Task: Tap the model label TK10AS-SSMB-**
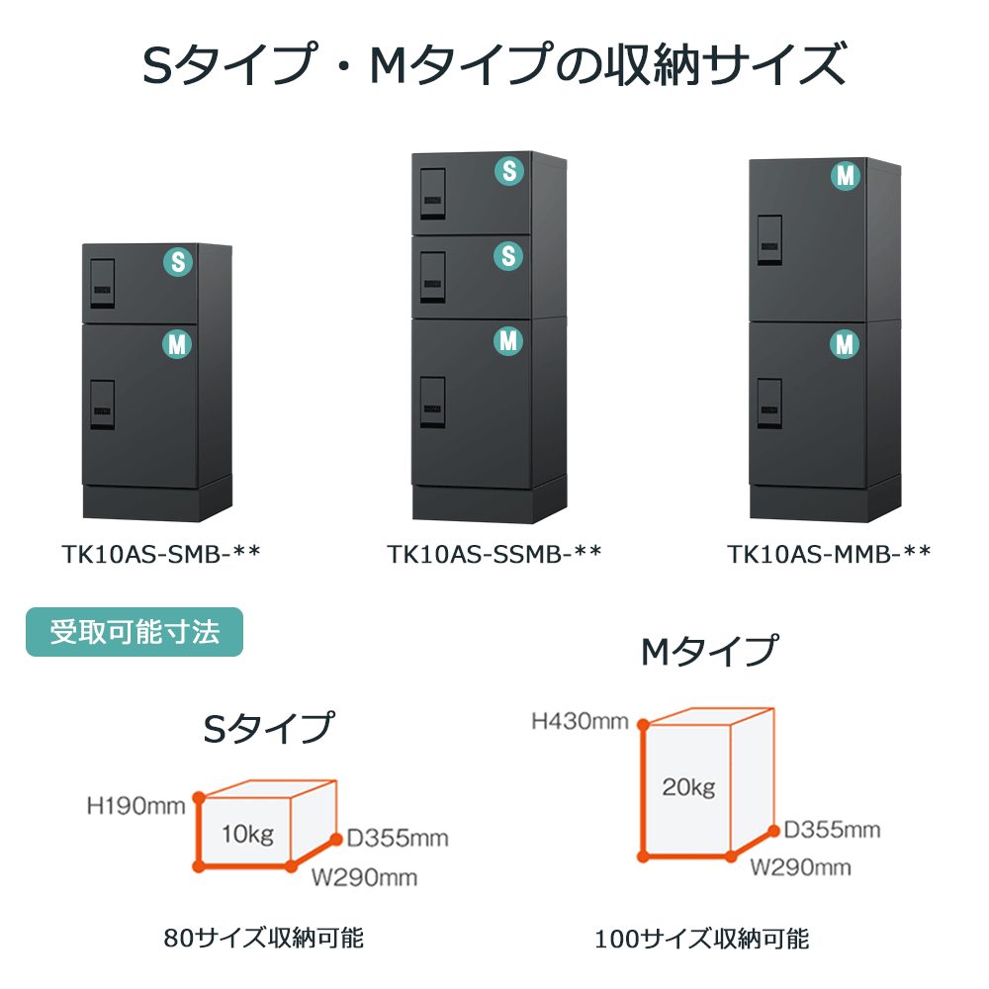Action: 494,553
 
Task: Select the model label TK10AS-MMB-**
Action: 829,553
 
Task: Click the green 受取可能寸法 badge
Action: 134,632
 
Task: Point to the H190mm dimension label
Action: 136,806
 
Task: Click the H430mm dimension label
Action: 580,721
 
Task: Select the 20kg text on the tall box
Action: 688,787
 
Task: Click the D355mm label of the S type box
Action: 397,839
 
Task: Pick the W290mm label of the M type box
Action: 800,867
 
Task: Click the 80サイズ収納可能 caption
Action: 264,937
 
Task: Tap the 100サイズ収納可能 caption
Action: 701,938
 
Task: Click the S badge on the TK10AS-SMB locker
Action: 178,261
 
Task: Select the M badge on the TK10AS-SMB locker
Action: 178,344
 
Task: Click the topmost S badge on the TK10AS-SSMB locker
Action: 508,170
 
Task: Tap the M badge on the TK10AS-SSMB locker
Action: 508,341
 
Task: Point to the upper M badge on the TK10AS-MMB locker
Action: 845,177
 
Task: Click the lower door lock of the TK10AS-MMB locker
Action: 769,405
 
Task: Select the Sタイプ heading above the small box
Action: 267,729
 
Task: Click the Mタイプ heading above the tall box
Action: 708,652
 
